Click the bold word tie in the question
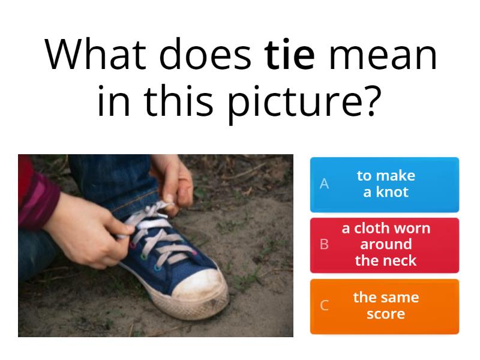pyautogui.click(x=289, y=55)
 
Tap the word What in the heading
pyautogui.click(x=97, y=55)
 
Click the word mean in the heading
pyautogui.click(x=383, y=55)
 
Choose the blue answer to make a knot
pyautogui.click(x=385, y=184)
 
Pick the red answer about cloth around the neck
pyautogui.click(x=385, y=245)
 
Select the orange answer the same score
pyautogui.click(x=385, y=306)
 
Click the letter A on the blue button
pyautogui.click(x=325, y=184)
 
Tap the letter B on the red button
pyautogui.click(x=325, y=245)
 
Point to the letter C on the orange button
pyautogui.click(x=325, y=306)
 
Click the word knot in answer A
pyautogui.click(x=392, y=193)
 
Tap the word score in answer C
pyautogui.click(x=385, y=314)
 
